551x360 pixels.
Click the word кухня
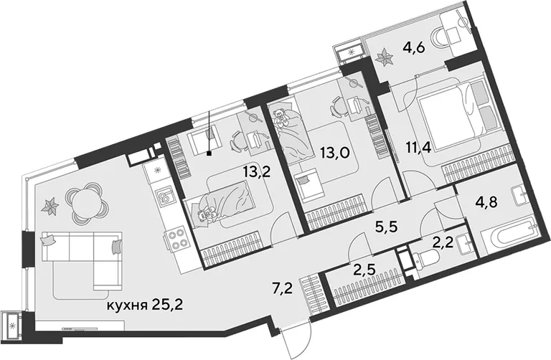tap(126, 306)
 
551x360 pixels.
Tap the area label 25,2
tap(168, 305)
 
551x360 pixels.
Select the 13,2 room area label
tap(257, 172)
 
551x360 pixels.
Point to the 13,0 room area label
tap(335, 153)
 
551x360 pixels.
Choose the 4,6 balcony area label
tap(414, 47)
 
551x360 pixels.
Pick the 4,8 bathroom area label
tap(486, 203)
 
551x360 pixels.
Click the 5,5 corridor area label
tap(386, 227)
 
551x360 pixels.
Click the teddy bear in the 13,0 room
tap(281, 118)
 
